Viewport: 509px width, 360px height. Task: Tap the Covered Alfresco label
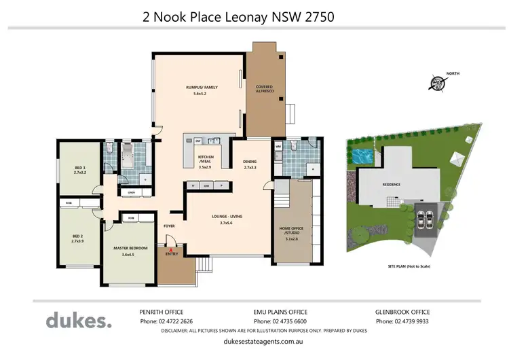click(x=264, y=90)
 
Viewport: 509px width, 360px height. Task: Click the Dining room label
click(x=250, y=164)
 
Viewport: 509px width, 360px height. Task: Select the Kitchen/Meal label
click(x=206, y=162)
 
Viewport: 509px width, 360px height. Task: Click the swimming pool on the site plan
click(x=361, y=156)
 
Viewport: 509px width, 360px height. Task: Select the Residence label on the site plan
click(x=390, y=184)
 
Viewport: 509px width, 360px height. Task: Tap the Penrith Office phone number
click(x=167, y=321)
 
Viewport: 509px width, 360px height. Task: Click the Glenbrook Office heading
click(x=404, y=311)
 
